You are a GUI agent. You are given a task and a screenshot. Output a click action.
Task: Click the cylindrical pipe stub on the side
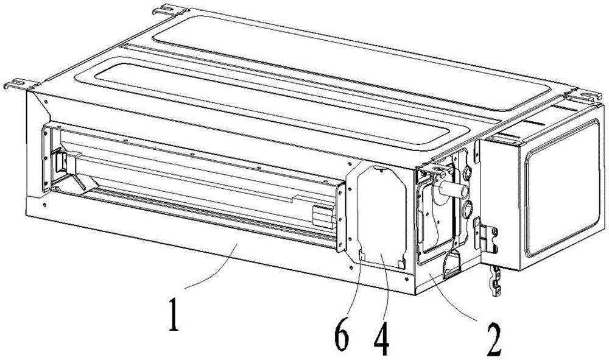coord(453,190)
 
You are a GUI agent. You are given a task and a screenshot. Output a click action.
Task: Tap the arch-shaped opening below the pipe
coord(451,264)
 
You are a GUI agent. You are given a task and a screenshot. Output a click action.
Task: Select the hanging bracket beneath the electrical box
coord(496,281)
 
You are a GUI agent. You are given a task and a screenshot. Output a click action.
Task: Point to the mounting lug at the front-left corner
coord(20,85)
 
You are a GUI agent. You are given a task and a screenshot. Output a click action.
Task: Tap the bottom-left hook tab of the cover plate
coord(362,256)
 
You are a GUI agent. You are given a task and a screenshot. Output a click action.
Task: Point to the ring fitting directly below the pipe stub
coord(466,208)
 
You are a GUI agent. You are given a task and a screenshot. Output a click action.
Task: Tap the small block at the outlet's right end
coord(323,217)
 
